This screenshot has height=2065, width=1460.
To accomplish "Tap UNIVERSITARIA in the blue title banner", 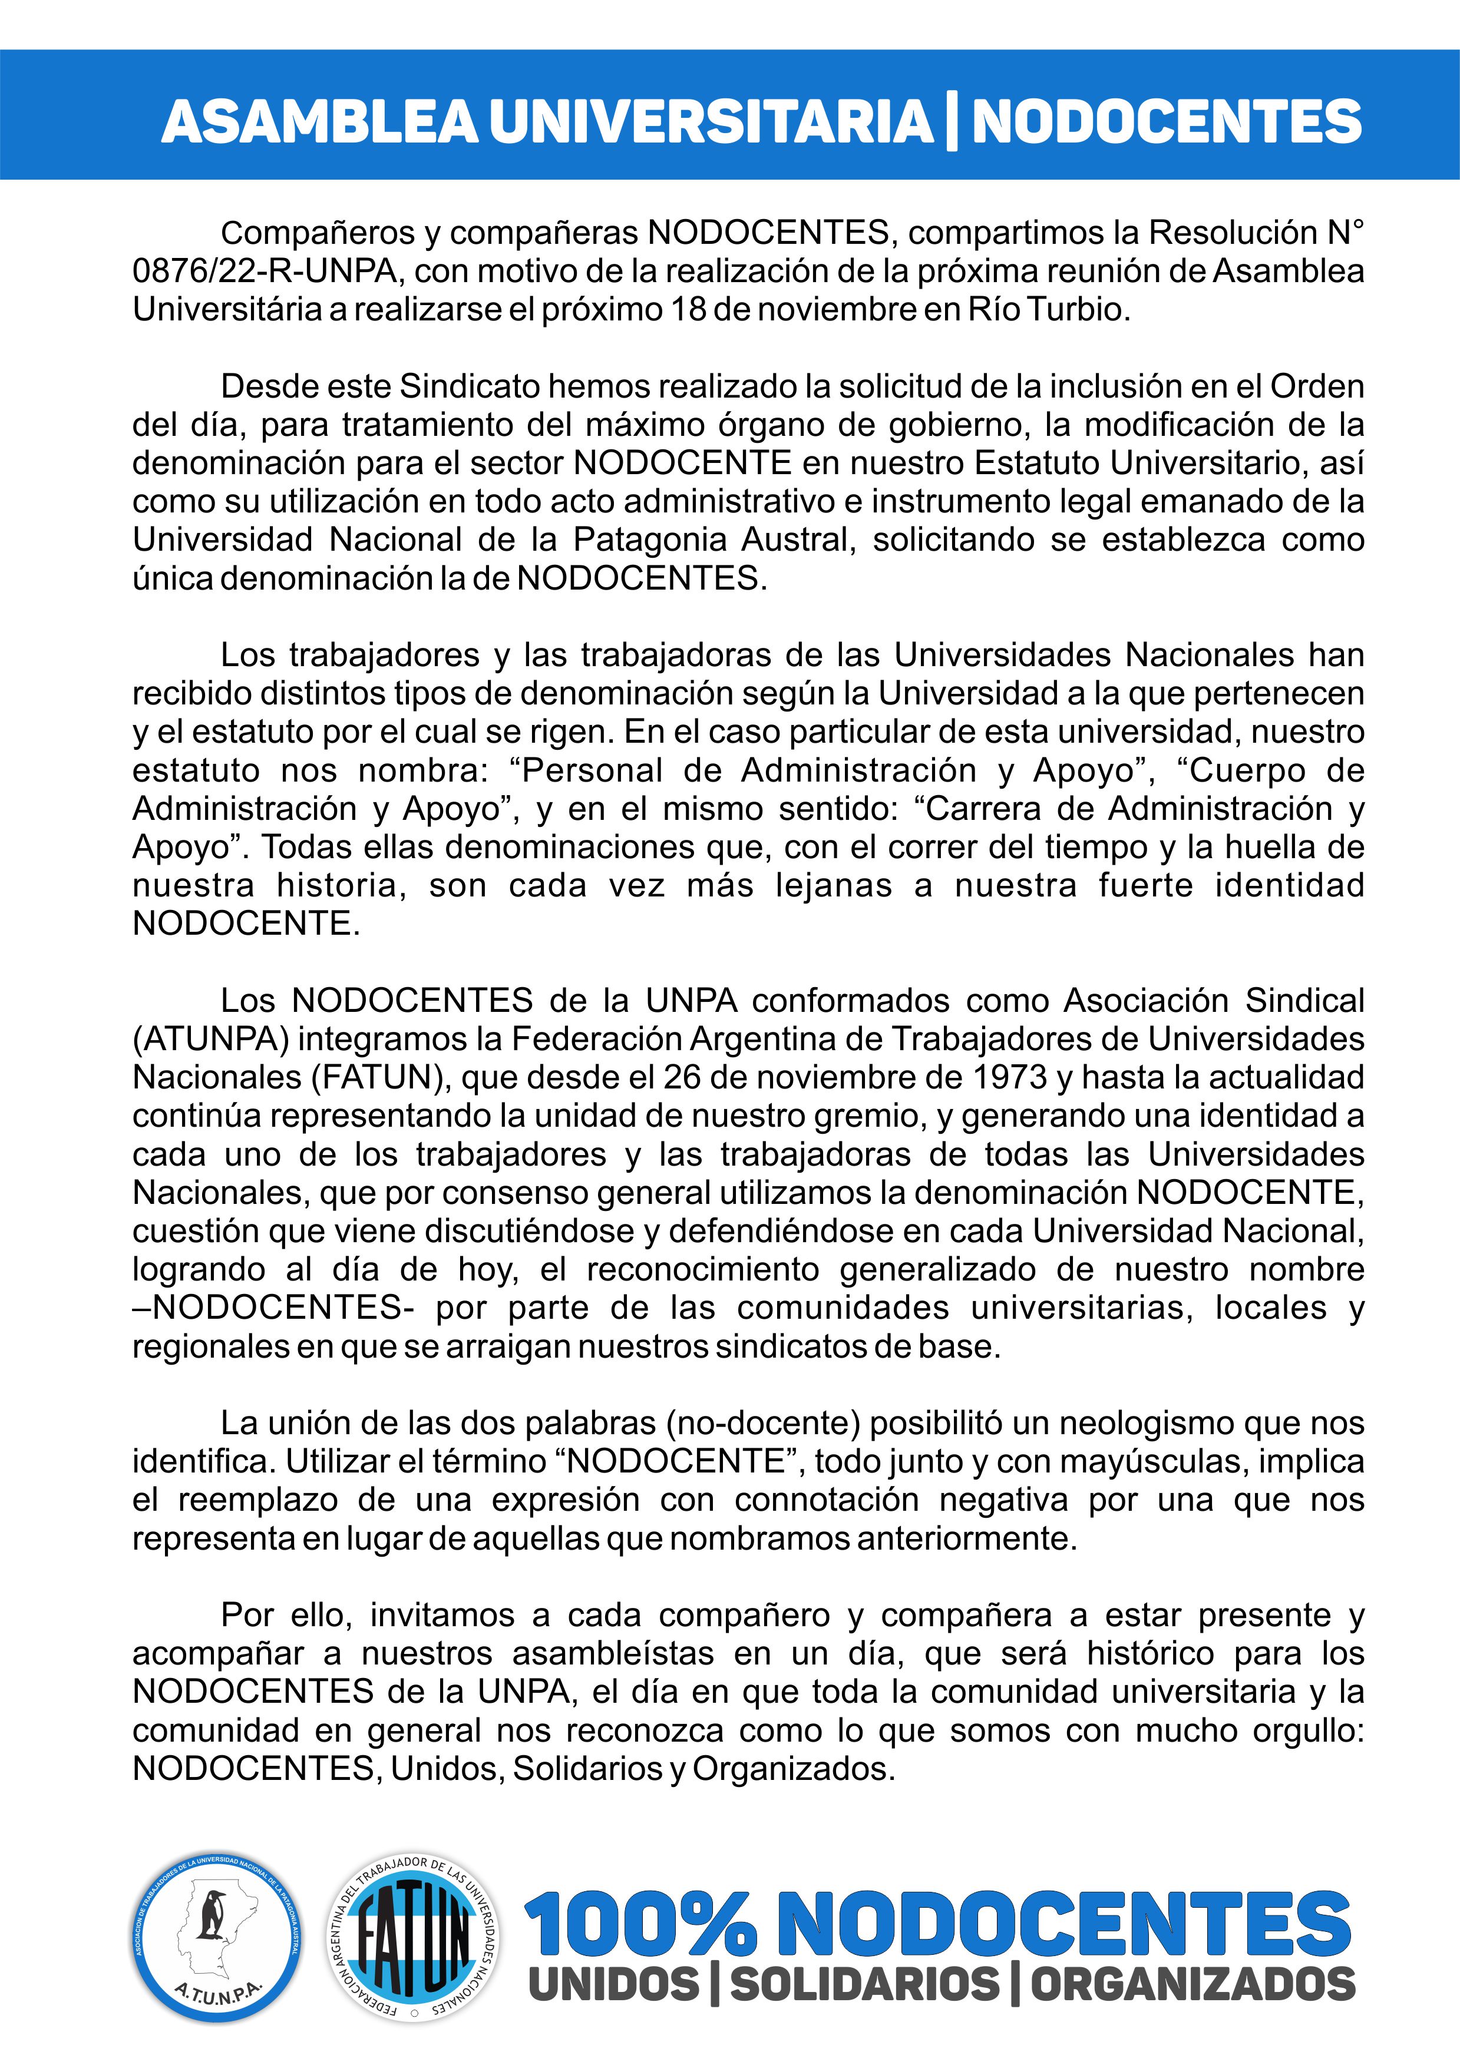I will tap(711, 121).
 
